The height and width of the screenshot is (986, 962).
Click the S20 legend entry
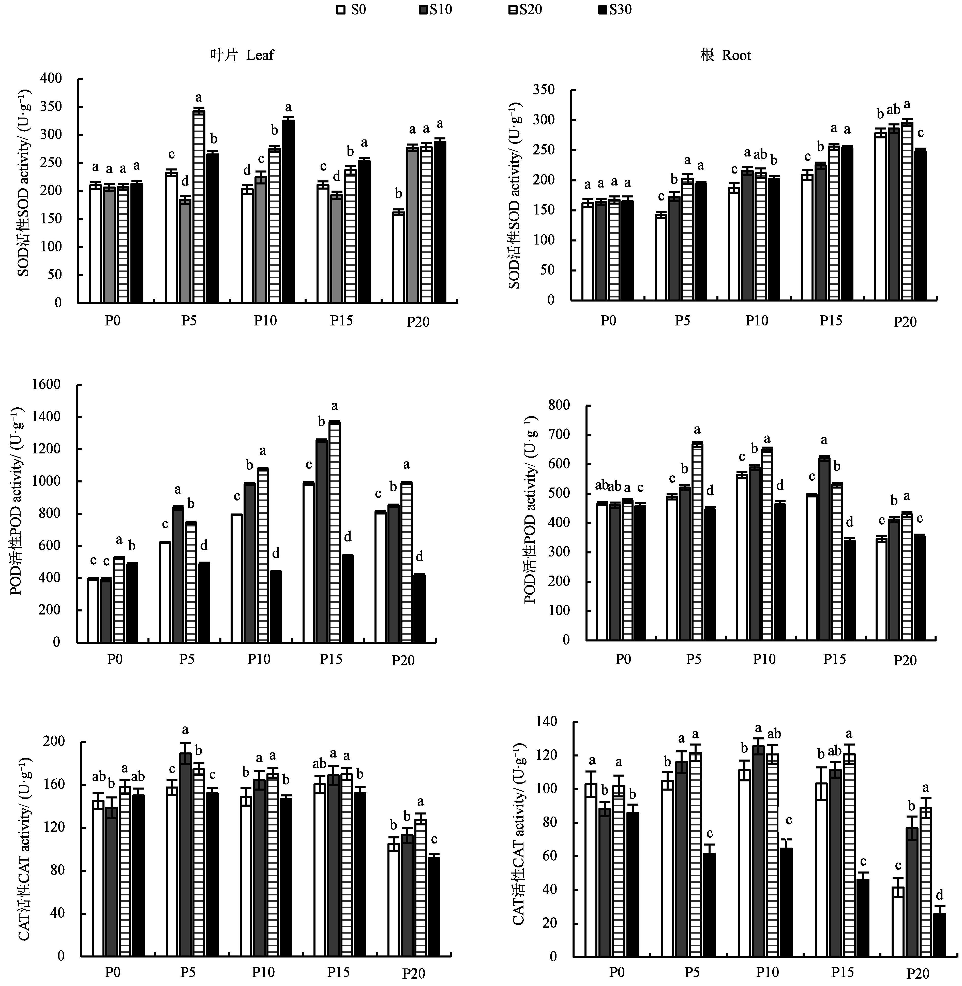tap(525, 10)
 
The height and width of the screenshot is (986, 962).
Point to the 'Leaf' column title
tap(243, 55)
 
